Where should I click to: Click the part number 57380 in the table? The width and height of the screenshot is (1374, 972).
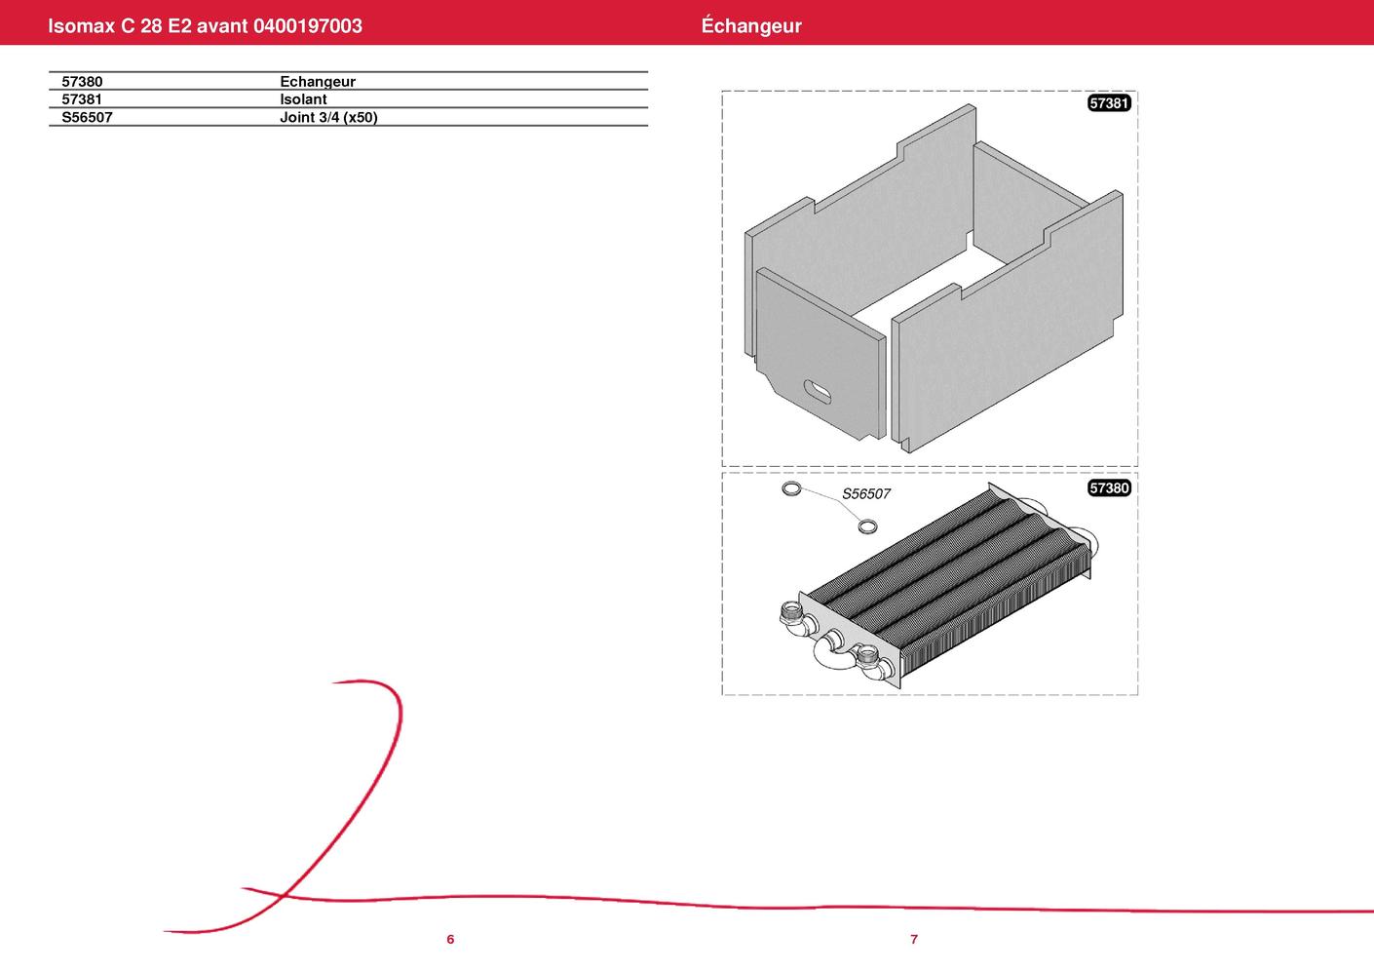[x=82, y=82]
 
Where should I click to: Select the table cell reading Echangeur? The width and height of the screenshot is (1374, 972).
[x=318, y=82]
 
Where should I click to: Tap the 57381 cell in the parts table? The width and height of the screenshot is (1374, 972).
[x=82, y=99]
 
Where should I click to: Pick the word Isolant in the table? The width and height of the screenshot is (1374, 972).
[x=304, y=99]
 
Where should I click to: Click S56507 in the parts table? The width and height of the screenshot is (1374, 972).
[x=87, y=117]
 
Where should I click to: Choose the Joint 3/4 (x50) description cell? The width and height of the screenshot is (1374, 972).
[x=328, y=117]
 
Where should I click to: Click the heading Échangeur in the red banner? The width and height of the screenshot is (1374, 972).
[x=751, y=25]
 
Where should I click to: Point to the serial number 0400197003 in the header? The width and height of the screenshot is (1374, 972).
[x=307, y=25]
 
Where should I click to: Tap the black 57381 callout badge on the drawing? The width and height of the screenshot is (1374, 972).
[x=1109, y=103]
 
